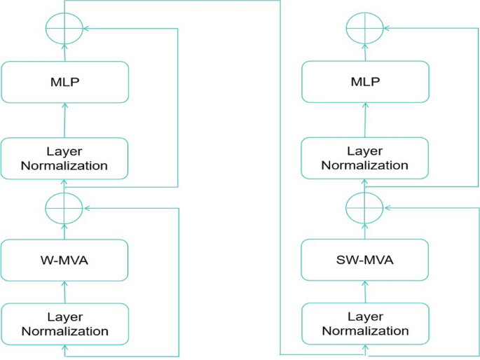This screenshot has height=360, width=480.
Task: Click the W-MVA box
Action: (64, 260)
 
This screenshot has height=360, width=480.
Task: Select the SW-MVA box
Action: (364, 260)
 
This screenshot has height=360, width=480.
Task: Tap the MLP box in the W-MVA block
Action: (64, 82)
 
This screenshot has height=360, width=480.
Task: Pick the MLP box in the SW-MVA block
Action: (364, 82)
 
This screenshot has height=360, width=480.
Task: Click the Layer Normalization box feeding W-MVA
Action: (64, 324)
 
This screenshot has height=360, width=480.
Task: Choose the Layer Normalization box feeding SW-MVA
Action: (364, 324)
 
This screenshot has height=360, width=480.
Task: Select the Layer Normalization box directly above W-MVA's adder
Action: (64, 158)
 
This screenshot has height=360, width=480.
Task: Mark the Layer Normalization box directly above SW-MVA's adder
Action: (364, 158)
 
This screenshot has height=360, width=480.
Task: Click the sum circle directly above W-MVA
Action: (64, 207)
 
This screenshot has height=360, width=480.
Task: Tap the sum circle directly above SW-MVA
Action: (364, 207)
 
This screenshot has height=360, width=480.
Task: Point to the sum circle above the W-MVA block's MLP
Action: (64, 29)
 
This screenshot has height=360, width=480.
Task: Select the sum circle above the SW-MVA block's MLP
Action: (364, 29)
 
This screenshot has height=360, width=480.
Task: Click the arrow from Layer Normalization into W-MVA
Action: (64, 292)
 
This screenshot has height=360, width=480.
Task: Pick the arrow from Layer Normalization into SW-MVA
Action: (364, 292)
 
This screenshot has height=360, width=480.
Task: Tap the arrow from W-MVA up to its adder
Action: (64, 232)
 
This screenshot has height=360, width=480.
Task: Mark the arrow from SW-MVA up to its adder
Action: (364, 232)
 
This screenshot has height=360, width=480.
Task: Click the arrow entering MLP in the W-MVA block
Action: (64, 120)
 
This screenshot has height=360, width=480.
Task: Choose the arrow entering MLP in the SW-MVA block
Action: (364, 120)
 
